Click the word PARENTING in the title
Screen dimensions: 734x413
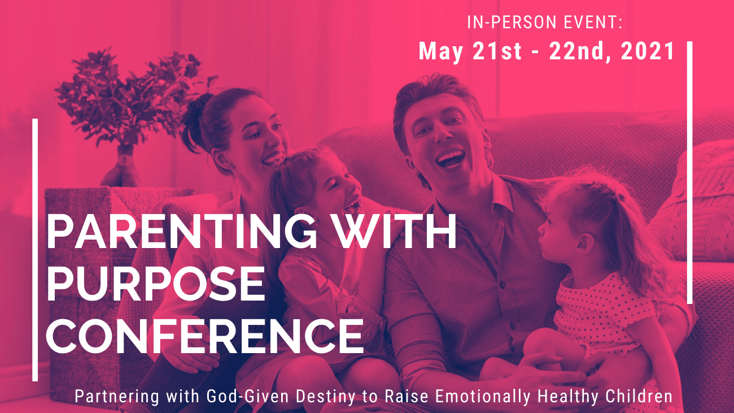pyautogui.click(x=182, y=231)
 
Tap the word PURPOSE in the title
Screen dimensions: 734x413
pyautogui.click(x=156, y=284)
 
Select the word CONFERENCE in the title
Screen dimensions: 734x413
pyautogui.click(x=205, y=336)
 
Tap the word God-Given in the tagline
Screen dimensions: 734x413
pyautogui.click(x=248, y=396)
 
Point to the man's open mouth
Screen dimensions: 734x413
pyautogui.click(x=451, y=159)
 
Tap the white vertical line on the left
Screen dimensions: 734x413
pyautogui.click(x=35, y=250)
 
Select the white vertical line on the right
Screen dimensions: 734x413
pyautogui.click(x=689, y=172)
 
